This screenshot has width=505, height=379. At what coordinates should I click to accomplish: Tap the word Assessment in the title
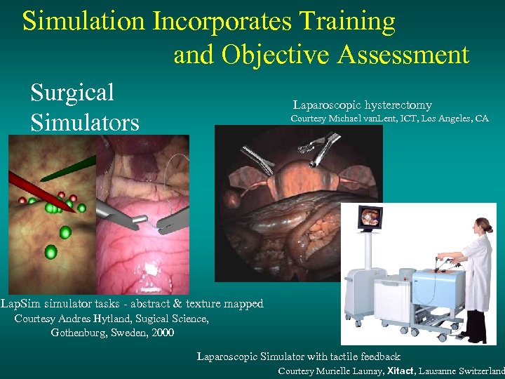(x=401, y=54)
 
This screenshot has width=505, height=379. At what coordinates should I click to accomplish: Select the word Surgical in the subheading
(x=72, y=92)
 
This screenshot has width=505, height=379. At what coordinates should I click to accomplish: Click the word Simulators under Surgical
(x=84, y=123)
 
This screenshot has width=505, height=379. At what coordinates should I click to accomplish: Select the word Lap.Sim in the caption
(x=20, y=304)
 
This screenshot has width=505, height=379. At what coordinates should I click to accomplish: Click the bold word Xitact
(x=400, y=371)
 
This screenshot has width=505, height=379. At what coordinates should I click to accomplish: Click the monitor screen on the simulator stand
(x=371, y=219)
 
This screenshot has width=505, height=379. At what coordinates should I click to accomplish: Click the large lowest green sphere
(x=50, y=251)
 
